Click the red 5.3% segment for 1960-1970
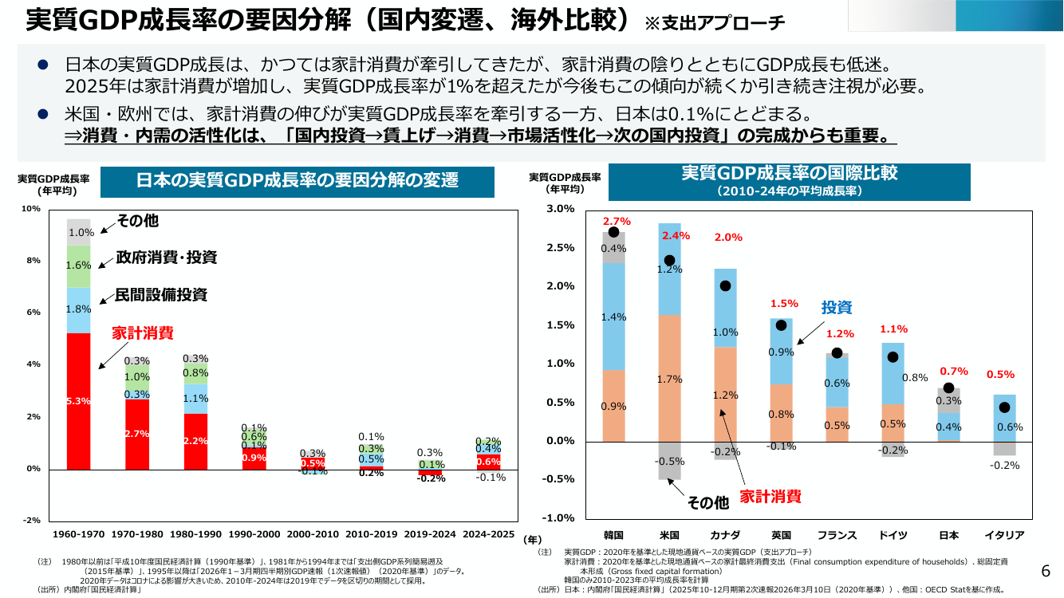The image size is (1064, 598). [78, 401]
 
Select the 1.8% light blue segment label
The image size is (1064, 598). [78, 309]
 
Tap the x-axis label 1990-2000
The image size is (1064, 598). [254, 534]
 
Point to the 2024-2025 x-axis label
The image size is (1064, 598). [488, 534]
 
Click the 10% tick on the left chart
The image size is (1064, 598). [31, 209]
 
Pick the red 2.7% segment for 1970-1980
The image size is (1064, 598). [137, 435]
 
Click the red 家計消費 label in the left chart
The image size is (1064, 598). [143, 333]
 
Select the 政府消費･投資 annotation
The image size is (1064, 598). [166, 258]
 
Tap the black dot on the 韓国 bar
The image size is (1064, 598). [613, 232]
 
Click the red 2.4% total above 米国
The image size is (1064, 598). [676, 235]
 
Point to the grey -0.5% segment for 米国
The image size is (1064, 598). [669, 461]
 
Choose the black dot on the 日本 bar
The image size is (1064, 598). [948, 388]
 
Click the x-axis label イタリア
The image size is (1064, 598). [1004, 535]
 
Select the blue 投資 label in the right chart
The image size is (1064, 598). [837, 307]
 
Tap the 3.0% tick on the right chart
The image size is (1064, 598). [561, 209]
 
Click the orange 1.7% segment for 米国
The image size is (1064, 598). [669, 379]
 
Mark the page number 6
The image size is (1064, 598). [1046, 571]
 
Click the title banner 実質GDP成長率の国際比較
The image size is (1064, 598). [790, 182]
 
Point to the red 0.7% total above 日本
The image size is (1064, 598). [954, 371]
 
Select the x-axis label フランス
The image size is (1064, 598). [837, 535]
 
